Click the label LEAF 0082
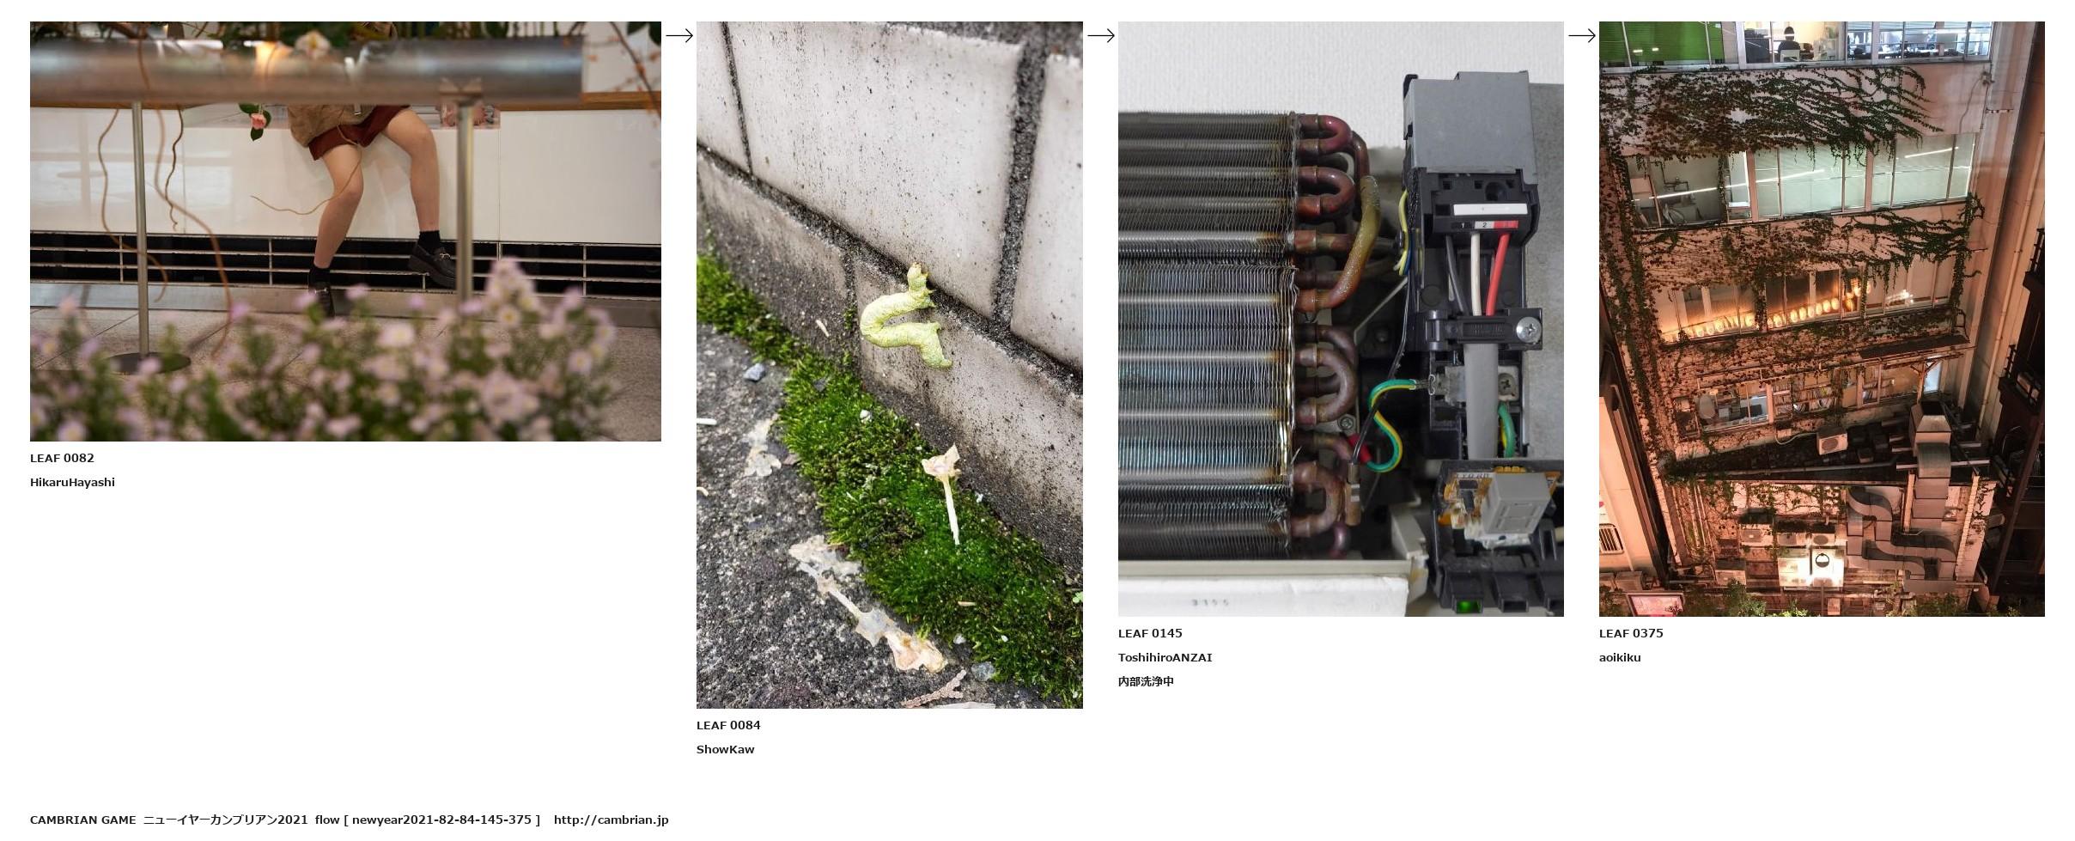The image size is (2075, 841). [62, 459]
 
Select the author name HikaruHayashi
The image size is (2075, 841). [72, 483]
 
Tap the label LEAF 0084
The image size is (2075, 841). [728, 726]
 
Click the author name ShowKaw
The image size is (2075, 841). [726, 750]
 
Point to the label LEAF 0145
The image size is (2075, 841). [1150, 634]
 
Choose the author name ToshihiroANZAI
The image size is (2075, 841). [1165, 658]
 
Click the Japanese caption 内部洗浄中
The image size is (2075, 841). [1146, 682]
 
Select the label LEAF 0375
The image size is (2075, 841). [1631, 634]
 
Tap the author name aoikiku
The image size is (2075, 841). [1620, 658]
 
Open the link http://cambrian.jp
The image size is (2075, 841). [611, 820]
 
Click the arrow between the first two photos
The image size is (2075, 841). [679, 35]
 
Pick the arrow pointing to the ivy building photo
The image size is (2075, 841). [1582, 35]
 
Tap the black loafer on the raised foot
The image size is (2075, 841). [433, 262]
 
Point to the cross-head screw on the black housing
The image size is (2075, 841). [1527, 327]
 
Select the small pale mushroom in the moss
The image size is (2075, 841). [946, 490]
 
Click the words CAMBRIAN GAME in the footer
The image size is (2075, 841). [82, 820]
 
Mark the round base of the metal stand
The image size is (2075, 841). [148, 362]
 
